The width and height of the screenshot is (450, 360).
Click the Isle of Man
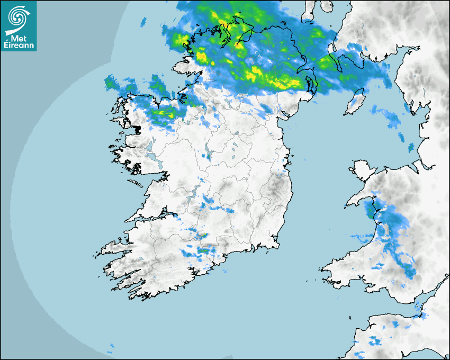pos(355,103)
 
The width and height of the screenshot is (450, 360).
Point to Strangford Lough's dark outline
pos(311,82)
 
